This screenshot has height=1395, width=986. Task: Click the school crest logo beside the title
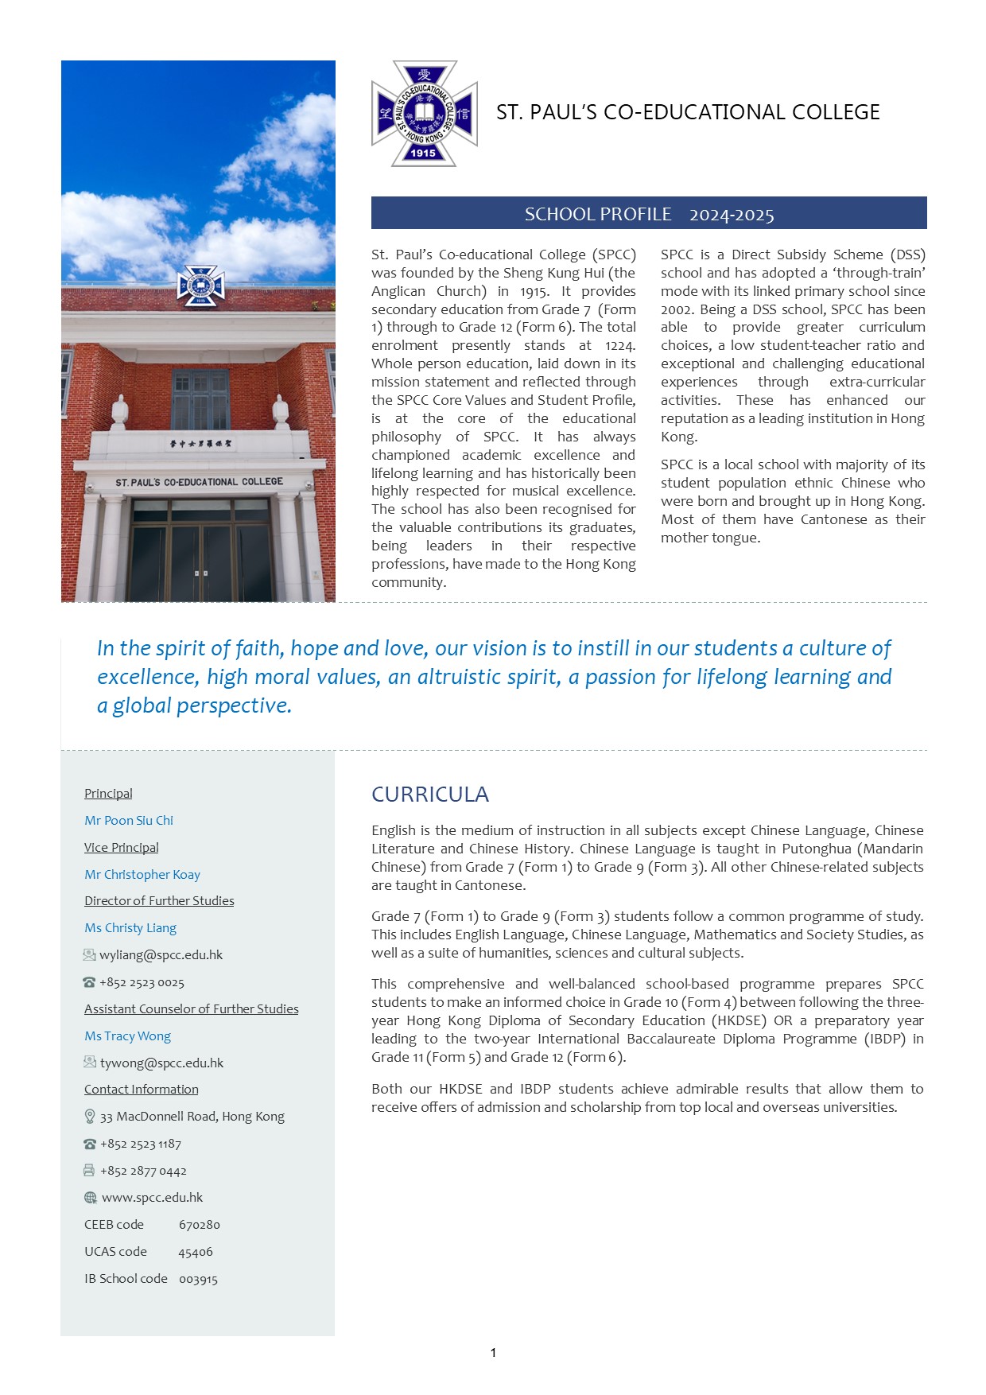424,113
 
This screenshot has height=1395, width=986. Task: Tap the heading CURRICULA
430,795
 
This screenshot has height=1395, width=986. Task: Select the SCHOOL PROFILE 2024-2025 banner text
649,214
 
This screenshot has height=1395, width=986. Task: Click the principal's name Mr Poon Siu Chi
129,820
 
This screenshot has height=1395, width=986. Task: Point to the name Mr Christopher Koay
142,874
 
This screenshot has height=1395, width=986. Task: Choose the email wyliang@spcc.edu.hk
161,954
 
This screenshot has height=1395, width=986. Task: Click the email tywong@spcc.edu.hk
161,1063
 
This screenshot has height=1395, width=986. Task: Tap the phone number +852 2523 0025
142,982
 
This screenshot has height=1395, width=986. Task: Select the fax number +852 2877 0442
143,1171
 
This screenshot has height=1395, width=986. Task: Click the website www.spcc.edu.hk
152,1197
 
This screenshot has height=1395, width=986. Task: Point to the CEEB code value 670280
199,1225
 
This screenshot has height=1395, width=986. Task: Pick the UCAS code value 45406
196,1252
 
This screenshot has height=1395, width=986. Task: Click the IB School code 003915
198,1279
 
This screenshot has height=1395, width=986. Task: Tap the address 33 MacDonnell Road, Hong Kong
192,1117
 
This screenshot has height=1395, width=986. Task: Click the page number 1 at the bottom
493,1352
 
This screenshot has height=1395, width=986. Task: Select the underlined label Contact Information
142,1089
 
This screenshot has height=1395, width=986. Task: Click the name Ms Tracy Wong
127,1036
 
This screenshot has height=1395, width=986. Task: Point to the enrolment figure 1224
619,345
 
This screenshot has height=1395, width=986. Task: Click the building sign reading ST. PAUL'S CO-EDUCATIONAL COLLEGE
199,482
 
